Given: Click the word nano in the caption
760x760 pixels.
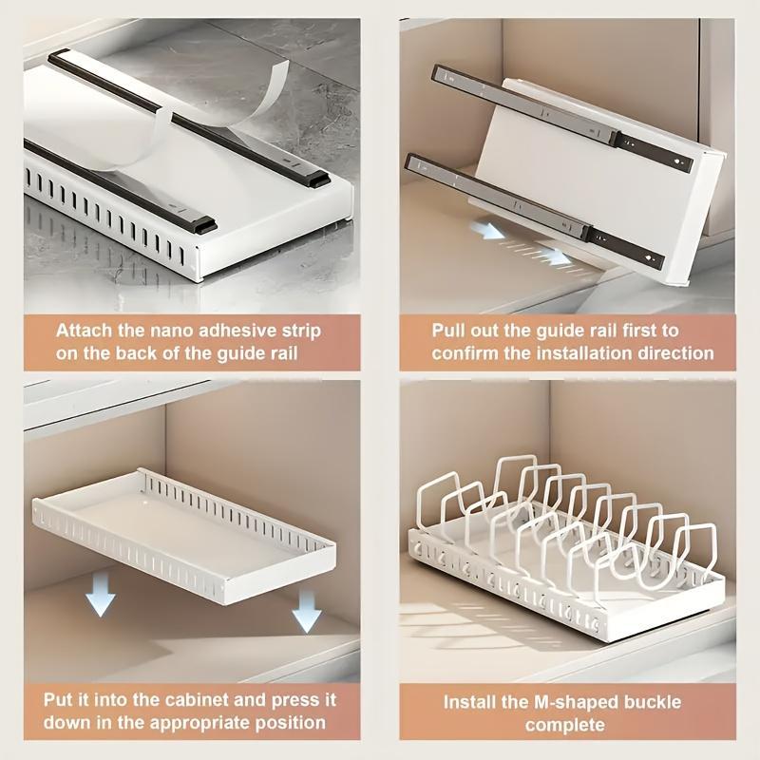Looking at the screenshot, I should [164, 331].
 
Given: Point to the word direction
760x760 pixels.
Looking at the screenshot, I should [671, 353].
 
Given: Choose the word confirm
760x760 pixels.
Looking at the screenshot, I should [465, 353].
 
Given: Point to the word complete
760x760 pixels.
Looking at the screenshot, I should [565, 726].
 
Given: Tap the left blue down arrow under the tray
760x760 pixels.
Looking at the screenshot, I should [100, 598].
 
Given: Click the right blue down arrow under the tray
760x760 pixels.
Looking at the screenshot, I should [306, 612].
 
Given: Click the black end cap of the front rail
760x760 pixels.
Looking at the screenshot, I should [203, 226].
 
